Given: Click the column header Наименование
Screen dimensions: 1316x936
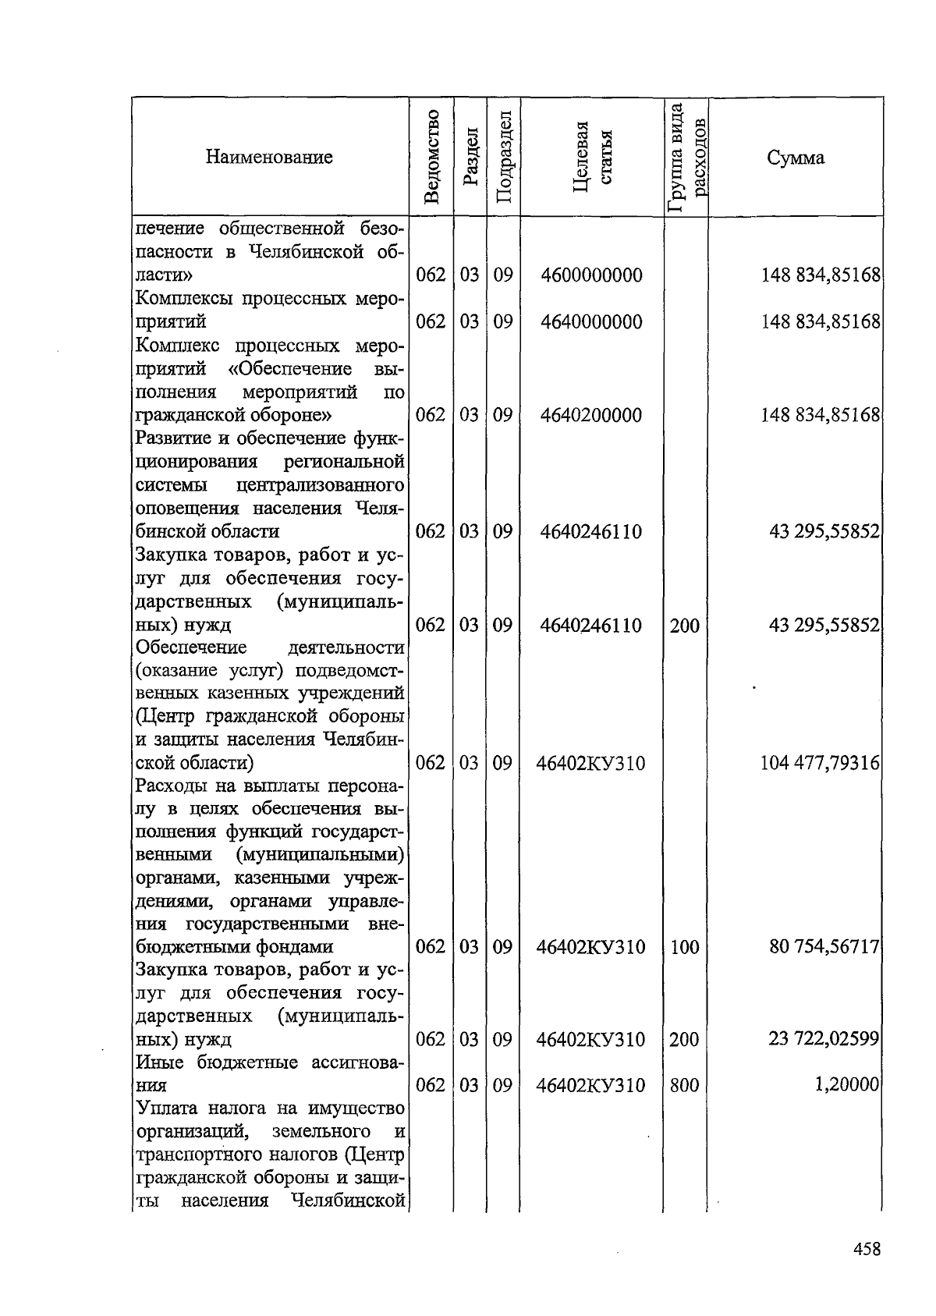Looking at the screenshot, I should [x=269, y=158].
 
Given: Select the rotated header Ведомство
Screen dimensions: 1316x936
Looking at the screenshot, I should [x=433, y=158].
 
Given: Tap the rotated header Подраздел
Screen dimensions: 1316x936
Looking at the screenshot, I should [x=504, y=158].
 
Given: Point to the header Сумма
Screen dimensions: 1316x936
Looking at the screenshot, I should [x=795, y=158].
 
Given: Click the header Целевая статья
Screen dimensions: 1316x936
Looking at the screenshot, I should [x=592, y=158].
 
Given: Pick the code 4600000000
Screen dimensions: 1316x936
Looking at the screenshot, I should [x=591, y=275].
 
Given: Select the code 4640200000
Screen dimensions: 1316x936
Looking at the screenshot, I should [x=591, y=415].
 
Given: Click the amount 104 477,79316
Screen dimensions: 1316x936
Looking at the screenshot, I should [x=820, y=763].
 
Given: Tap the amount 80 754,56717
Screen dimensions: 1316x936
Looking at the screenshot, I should [x=824, y=947].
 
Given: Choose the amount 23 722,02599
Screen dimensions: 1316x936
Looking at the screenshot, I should [x=824, y=1039].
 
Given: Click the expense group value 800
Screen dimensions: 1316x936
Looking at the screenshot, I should [x=684, y=1085].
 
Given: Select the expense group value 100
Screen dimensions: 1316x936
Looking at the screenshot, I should [x=684, y=947].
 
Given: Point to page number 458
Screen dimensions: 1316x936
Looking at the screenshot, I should [x=867, y=1249].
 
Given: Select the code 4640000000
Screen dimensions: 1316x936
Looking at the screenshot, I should [x=591, y=322].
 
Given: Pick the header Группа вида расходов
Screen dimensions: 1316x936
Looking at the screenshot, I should [x=686, y=158].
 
